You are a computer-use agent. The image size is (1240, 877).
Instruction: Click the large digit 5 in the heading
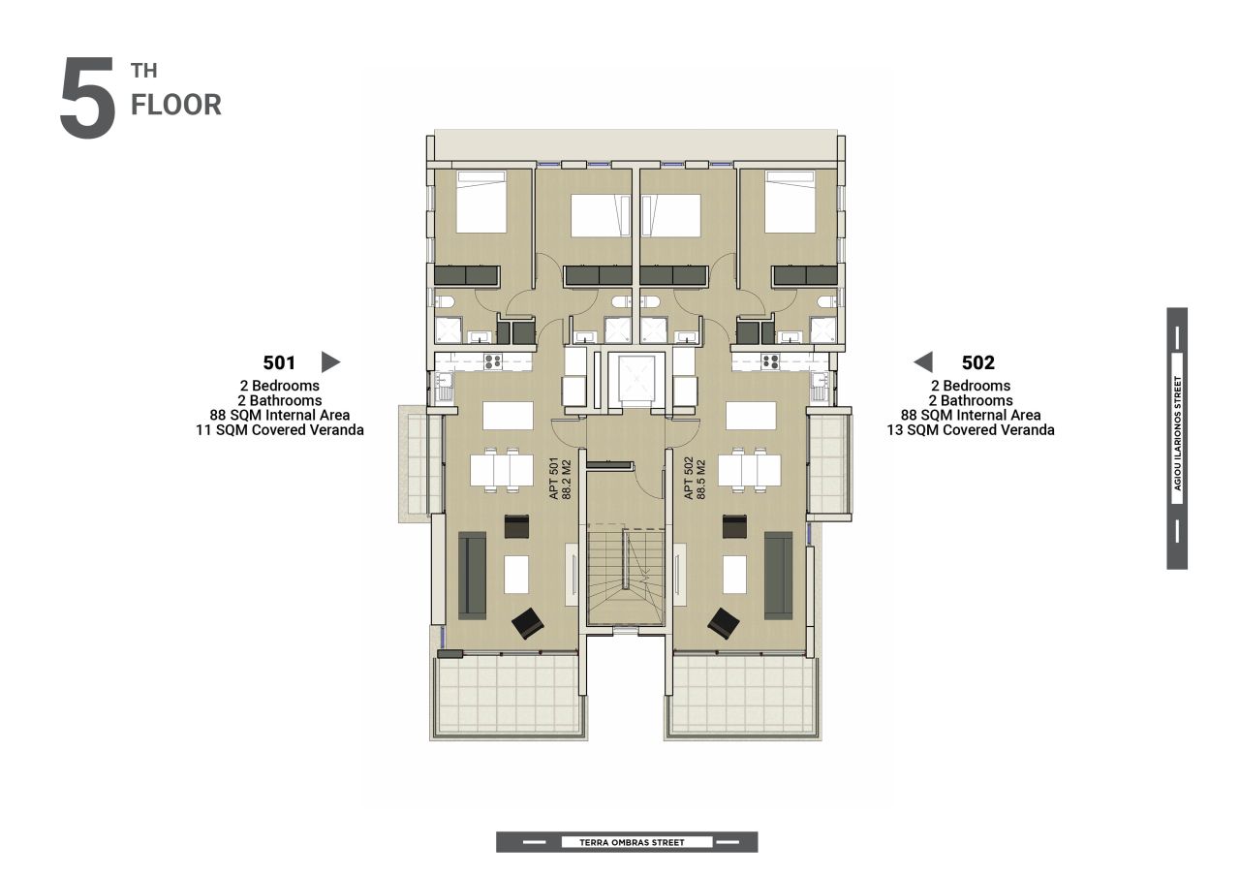[87, 98]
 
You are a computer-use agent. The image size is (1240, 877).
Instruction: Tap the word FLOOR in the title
[176, 106]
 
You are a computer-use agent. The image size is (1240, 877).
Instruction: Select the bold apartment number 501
[279, 362]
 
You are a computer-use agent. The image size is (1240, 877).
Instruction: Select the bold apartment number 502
[978, 362]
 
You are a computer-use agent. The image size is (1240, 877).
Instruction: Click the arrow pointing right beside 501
[330, 362]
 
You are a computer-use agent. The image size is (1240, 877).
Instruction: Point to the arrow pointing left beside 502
[923, 362]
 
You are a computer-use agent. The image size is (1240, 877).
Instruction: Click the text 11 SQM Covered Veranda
[280, 430]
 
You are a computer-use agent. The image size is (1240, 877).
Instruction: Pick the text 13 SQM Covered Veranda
[971, 430]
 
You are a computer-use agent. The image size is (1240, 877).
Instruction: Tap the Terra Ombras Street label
[632, 842]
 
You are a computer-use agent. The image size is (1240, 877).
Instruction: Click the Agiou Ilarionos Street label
[1177, 433]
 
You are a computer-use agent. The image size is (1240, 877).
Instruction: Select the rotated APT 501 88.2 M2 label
[560, 479]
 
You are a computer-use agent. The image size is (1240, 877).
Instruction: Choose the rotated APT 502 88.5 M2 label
[695, 479]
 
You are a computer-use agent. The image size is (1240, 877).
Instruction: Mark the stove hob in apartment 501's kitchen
[493, 362]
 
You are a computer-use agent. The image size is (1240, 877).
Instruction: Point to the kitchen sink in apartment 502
[820, 386]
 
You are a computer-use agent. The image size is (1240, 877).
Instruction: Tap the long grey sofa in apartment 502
[778, 576]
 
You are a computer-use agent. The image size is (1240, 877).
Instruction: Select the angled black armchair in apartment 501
[528, 623]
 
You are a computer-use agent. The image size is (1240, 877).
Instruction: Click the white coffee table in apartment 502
[734, 574]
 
